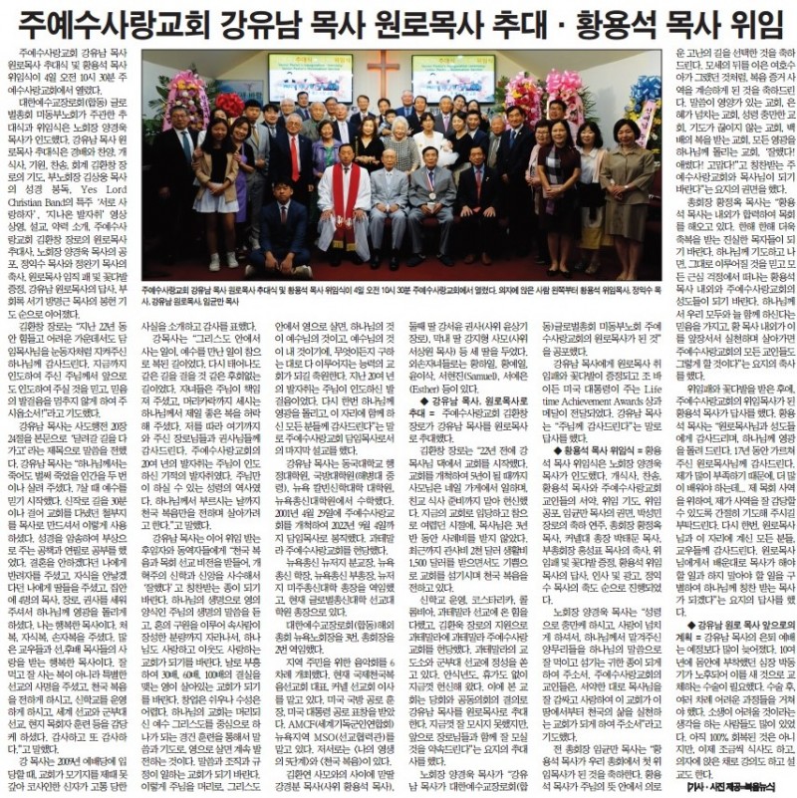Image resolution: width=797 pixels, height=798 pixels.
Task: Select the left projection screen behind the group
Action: [310, 77]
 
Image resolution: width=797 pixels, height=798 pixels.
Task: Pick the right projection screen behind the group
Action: [452, 77]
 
